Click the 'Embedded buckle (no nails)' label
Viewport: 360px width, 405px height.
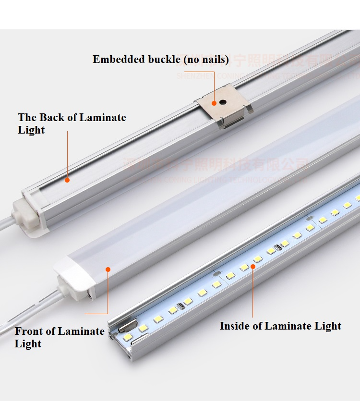[x=160, y=60]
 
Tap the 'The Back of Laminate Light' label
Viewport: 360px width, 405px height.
[x=72, y=123]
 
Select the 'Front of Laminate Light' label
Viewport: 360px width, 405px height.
[x=59, y=337]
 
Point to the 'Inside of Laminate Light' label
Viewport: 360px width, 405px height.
[x=280, y=326]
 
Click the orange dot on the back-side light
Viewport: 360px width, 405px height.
[x=68, y=180]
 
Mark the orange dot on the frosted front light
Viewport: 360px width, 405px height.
[x=108, y=270]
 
